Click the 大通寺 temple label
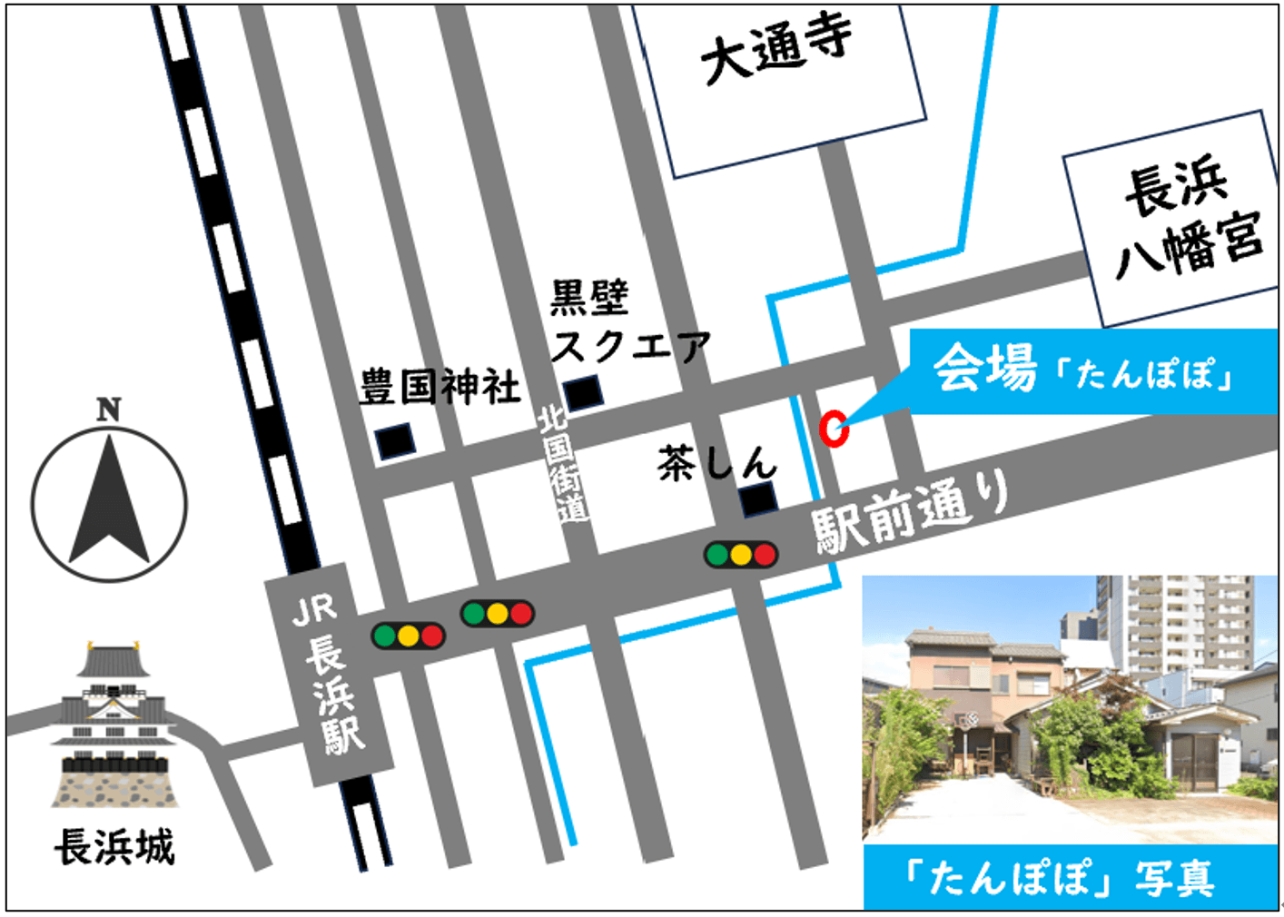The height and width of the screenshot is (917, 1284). click(x=777, y=50)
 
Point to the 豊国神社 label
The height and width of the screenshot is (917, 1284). click(x=440, y=387)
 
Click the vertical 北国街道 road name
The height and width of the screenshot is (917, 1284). click(x=562, y=463)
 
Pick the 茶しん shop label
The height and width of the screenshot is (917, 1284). click(x=716, y=464)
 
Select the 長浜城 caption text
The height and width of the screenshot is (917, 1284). click(x=114, y=847)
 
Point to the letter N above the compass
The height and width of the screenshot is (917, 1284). click(x=109, y=409)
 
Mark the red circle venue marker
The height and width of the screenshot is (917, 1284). click(x=834, y=429)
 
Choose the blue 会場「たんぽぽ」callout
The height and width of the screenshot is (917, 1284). click(x=1090, y=370)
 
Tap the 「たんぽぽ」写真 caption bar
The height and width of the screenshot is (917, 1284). click(x=1070, y=877)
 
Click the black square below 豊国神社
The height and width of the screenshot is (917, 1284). click(x=396, y=440)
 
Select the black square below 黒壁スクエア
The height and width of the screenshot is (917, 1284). click(x=582, y=392)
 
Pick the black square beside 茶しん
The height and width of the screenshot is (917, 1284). click(x=757, y=498)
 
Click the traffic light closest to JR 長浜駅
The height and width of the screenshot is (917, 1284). click(x=408, y=635)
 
